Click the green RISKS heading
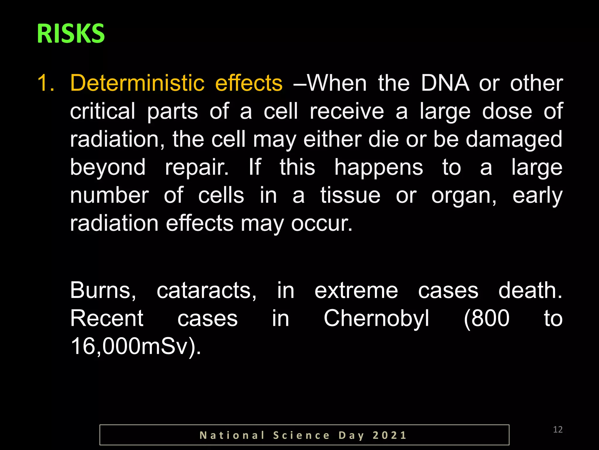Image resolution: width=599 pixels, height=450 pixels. point(71,34)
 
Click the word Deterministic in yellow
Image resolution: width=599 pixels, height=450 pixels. point(137,83)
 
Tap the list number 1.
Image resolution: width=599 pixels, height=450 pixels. point(46,83)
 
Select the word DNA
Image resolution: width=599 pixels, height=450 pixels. point(445,83)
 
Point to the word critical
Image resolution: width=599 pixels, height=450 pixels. point(103,111)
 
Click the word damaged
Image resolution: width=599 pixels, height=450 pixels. point(514,140)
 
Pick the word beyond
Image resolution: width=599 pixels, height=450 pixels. point(108,168)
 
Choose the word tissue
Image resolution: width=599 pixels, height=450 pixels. point(350,196)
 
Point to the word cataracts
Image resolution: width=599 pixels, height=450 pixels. point(206,291)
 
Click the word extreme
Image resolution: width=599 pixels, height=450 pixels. point(356,291)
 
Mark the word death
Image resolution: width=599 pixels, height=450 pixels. point(530,291)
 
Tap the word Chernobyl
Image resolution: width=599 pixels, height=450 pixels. point(376,319)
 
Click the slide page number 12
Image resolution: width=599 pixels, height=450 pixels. point(558,430)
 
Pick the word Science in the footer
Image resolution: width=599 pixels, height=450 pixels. point(302,435)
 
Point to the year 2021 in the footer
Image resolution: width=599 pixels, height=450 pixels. point(390,435)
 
